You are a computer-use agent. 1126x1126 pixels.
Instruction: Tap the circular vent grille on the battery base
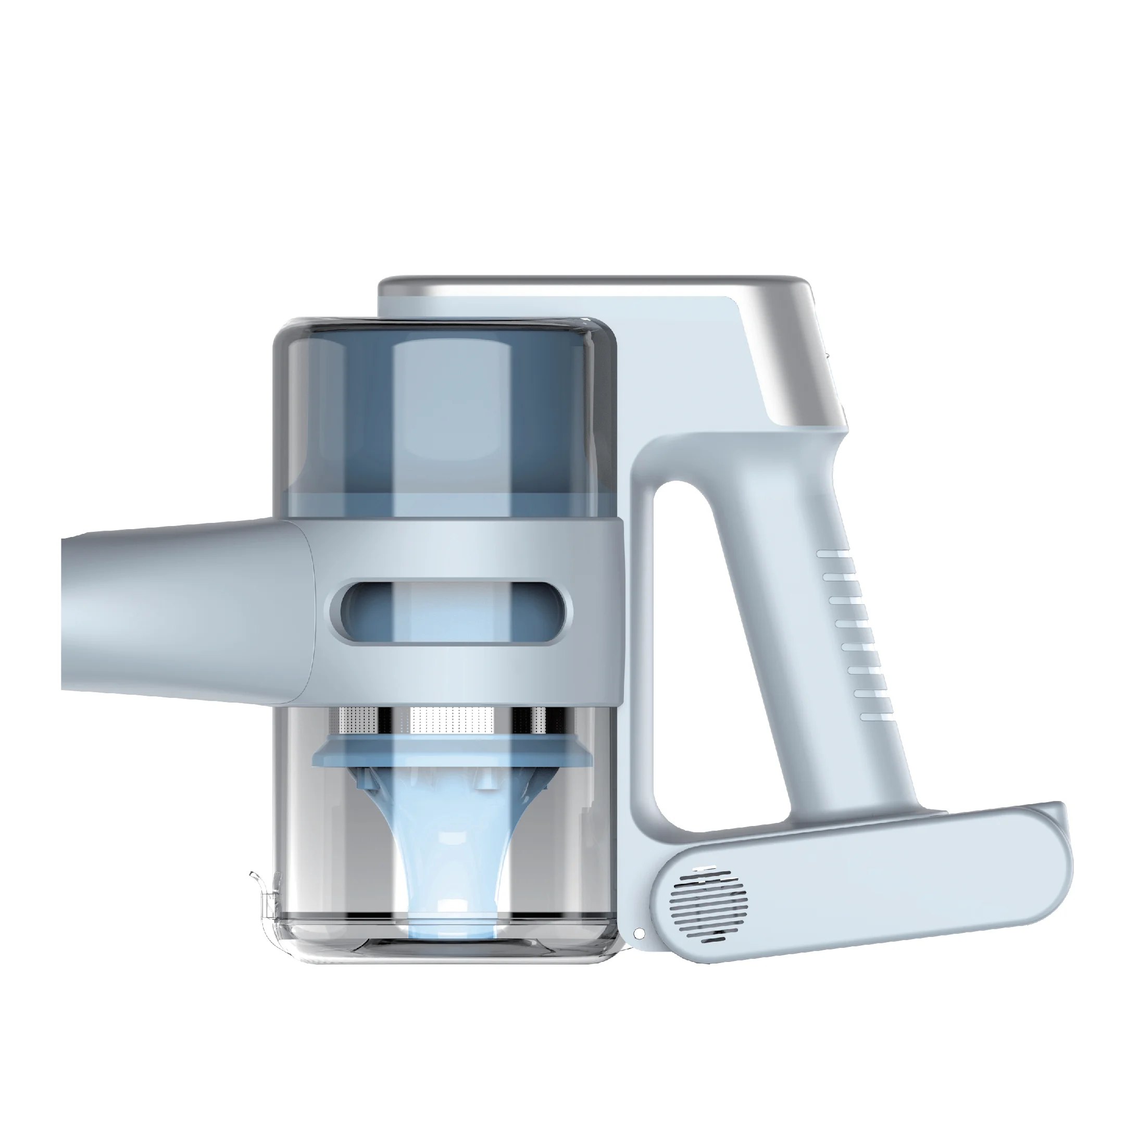coord(709,904)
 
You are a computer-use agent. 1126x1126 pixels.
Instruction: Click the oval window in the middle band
coord(451,612)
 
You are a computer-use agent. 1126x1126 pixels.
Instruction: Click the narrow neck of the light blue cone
coord(452,857)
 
